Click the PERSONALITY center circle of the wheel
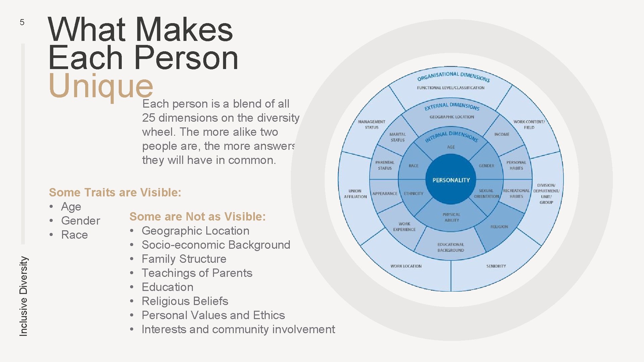(x=451, y=180)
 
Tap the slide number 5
(x=22, y=22)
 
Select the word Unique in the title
(x=101, y=85)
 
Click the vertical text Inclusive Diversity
(x=23, y=296)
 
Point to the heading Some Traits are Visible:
(x=115, y=192)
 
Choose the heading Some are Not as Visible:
(x=197, y=217)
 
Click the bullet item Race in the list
(x=74, y=235)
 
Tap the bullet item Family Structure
(x=184, y=259)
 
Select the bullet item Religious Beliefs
(x=185, y=301)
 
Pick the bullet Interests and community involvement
(x=238, y=329)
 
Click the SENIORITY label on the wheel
(x=496, y=266)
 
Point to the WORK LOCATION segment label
(x=406, y=266)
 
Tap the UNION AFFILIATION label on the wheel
(x=355, y=194)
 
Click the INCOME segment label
(x=502, y=134)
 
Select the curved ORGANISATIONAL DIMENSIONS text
(x=453, y=76)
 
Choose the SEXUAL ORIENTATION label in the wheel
(x=486, y=193)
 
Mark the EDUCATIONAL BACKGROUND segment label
(x=451, y=247)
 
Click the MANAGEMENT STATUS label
(x=372, y=124)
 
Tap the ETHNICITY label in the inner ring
(x=414, y=194)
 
